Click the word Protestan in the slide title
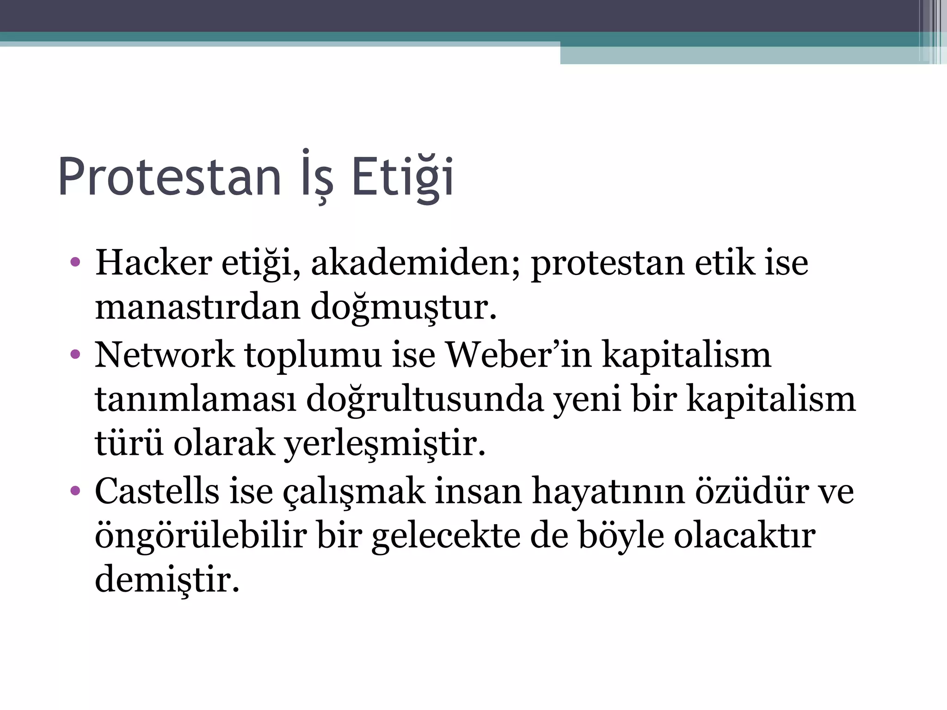(169, 177)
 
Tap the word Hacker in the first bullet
(154, 263)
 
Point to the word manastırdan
(197, 307)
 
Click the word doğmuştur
(403, 307)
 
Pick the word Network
(165, 355)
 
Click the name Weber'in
(518, 355)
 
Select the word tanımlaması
(195, 399)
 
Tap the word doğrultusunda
(425, 399)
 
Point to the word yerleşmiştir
(384, 443)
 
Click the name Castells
(157, 491)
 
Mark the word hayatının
(608, 491)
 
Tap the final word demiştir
(167, 580)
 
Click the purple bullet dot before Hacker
(75, 263)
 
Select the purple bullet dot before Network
(75, 355)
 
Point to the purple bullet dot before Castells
(75, 491)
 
